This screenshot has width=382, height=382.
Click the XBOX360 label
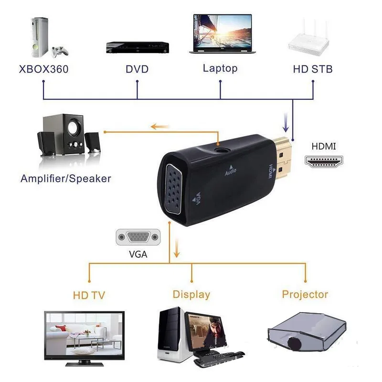44,69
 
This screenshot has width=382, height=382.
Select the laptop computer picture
222,34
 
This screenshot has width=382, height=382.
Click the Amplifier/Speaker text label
66,179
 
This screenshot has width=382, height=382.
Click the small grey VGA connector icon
138,237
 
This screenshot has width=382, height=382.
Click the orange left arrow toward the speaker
160,127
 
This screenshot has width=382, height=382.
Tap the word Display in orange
191,295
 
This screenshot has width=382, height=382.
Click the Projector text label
305,294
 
